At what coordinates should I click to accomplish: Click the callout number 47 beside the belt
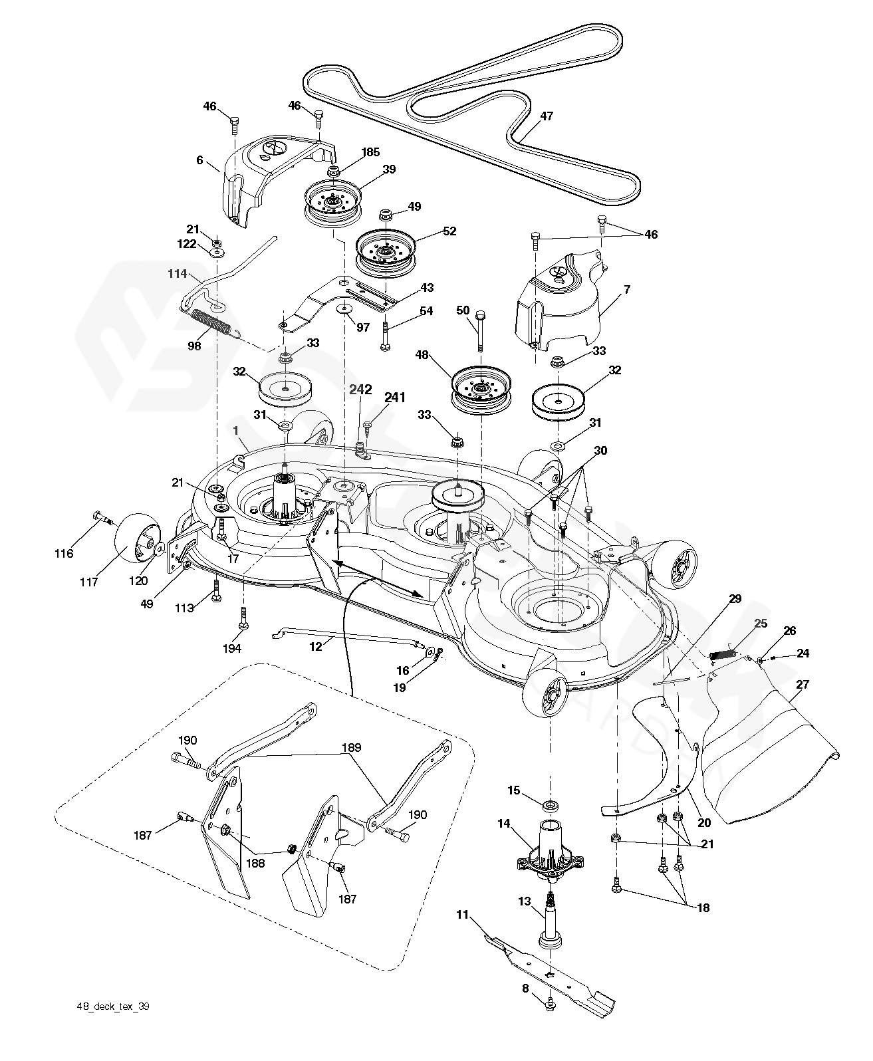(x=547, y=116)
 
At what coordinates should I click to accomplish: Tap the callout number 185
(x=371, y=152)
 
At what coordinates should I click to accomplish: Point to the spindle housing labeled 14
(x=551, y=851)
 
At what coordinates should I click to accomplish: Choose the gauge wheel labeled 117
(x=138, y=538)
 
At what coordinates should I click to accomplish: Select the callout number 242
(x=361, y=390)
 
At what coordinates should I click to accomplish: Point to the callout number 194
(x=232, y=648)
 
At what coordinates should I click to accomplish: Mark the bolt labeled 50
(x=479, y=331)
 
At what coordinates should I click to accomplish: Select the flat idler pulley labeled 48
(x=481, y=390)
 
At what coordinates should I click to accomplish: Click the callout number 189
(x=351, y=748)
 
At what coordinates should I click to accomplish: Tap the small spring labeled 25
(x=723, y=655)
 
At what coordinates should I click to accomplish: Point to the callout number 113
(x=184, y=608)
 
